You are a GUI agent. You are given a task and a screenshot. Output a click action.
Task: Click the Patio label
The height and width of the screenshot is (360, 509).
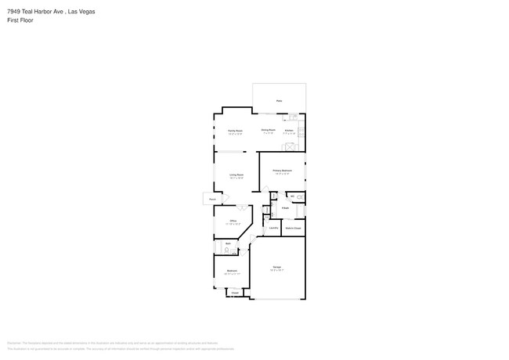tap(279, 101)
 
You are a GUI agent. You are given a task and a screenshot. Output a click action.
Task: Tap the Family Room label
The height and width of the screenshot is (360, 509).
tap(235, 130)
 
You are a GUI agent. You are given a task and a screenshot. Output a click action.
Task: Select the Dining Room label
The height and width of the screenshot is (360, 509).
tap(268, 130)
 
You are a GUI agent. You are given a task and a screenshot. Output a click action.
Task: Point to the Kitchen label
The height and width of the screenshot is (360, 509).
tap(289, 130)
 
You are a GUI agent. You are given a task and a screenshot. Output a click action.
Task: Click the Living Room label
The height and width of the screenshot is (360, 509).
tap(236, 175)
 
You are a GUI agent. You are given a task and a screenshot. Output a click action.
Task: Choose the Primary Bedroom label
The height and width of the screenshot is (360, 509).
tap(282, 170)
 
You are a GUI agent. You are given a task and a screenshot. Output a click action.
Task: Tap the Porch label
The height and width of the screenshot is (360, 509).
tap(211, 199)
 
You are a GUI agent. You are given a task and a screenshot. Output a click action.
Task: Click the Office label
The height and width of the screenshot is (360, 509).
tap(233, 221)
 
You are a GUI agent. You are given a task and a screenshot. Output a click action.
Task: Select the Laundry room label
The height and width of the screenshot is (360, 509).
tap(274, 228)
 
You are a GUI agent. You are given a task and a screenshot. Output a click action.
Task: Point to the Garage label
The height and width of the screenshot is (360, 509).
tap(277, 267)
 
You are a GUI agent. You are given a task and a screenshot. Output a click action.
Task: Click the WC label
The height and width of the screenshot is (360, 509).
tap(292, 196)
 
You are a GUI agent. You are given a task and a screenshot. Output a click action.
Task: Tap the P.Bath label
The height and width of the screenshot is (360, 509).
tap(286, 208)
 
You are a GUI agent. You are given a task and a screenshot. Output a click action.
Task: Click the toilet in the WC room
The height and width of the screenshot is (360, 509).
tap(301, 196)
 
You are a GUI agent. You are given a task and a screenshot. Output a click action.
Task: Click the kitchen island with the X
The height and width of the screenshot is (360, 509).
tap(287, 147)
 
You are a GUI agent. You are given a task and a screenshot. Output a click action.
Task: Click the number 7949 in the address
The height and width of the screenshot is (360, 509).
tap(13, 12)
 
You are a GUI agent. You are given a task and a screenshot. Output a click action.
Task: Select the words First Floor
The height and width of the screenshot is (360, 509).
tap(19, 20)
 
